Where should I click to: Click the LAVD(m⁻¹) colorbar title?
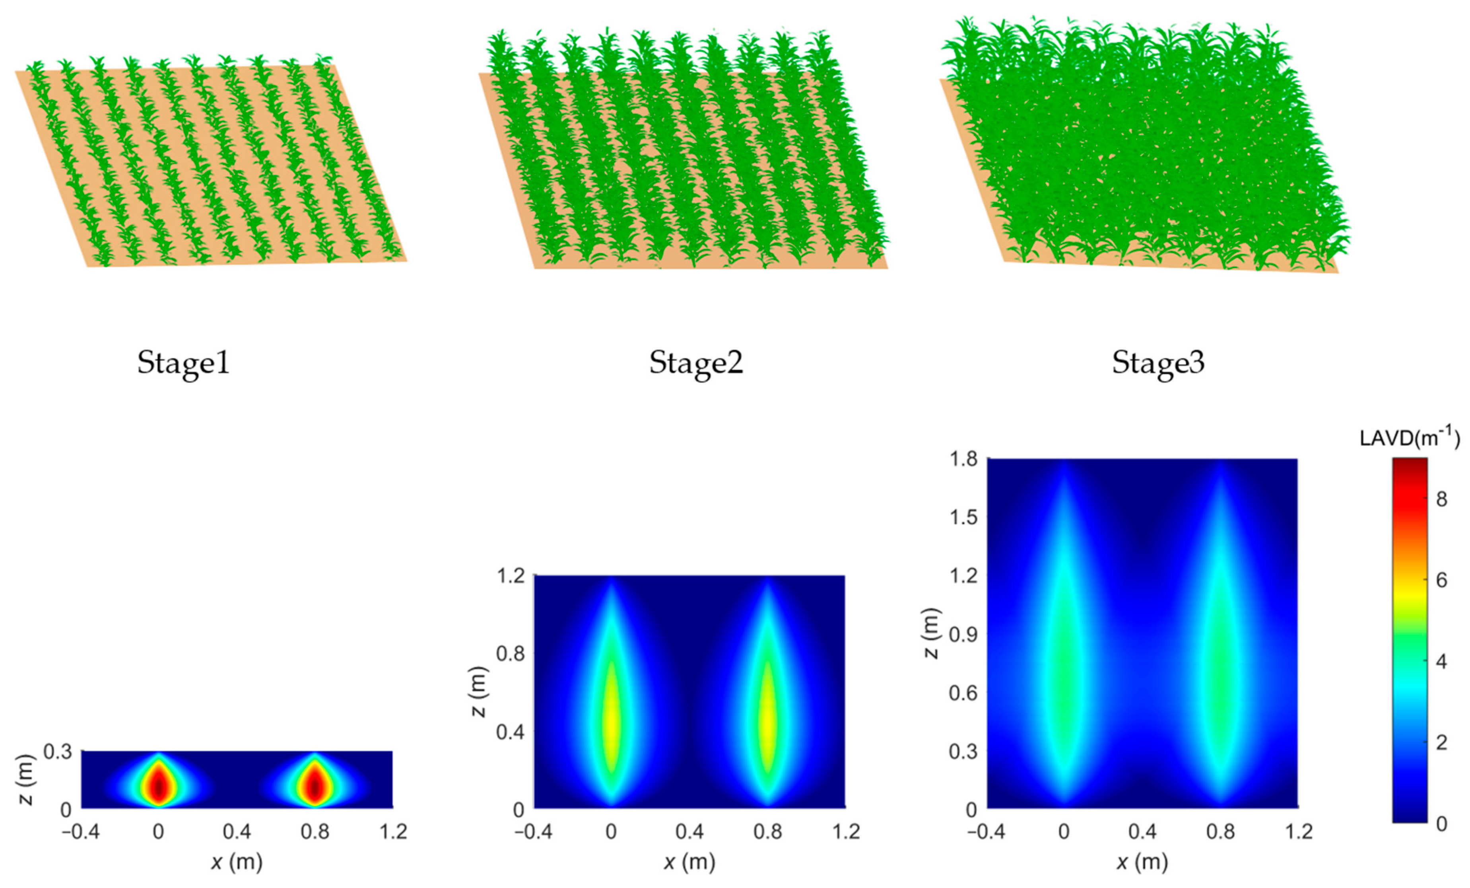tap(1409, 438)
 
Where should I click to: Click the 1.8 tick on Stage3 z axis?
tap(963, 459)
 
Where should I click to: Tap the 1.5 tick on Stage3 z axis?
tap(963, 517)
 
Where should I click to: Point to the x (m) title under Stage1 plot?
tap(237, 862)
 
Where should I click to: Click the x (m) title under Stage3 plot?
tap(1142, 862)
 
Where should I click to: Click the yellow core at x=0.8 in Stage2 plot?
tap(768, 722)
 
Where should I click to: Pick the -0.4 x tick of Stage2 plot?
tap(533, 832)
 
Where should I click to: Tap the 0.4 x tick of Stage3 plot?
tap(1142, 832)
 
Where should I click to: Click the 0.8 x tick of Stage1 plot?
tap(315, 832)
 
